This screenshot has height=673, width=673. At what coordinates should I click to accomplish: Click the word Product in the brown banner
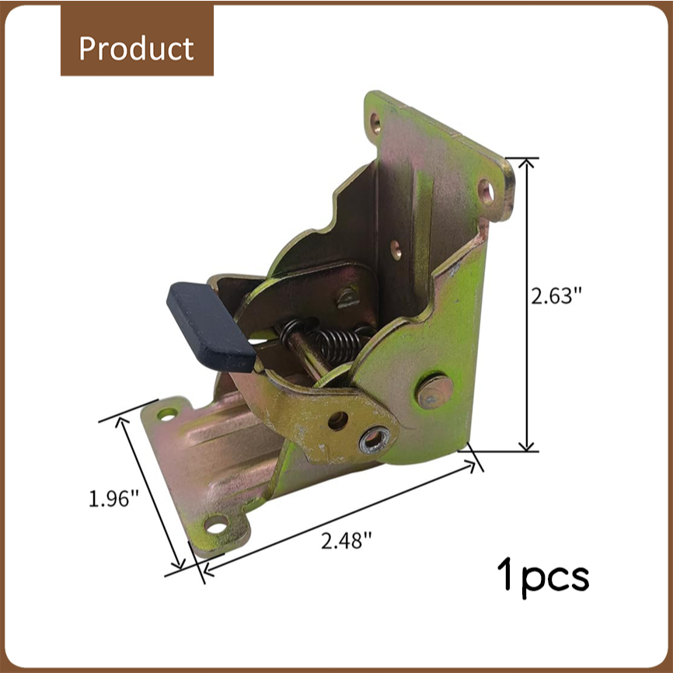[137, 48]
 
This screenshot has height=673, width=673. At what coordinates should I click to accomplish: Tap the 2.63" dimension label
[556, 296]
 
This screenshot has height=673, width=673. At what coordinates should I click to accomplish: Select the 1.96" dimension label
[113, 499]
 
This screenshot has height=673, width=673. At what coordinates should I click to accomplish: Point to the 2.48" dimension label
[346, 540]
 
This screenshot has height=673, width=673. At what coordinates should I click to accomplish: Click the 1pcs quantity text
[543, 577]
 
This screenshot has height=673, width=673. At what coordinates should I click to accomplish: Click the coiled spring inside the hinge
[326, 338]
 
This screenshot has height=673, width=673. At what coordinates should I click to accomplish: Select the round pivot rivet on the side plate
[434, 392]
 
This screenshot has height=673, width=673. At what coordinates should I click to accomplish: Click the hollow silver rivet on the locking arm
[375, 440]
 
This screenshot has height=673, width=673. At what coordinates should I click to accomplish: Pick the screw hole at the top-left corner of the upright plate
[375, 124]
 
